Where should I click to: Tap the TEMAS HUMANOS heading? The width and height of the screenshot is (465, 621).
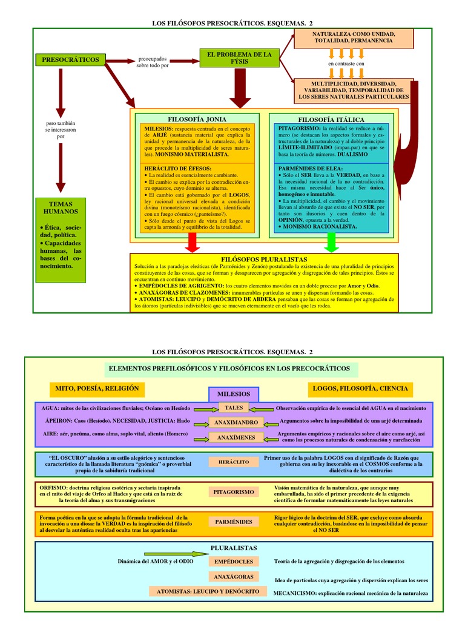click(x=61, y=208)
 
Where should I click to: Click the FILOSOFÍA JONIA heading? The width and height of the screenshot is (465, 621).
click(x=197, y=119)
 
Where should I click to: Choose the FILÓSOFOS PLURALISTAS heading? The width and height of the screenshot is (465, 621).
click(x=264, y=259)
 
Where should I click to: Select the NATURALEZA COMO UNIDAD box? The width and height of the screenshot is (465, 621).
click(x=354, y=37)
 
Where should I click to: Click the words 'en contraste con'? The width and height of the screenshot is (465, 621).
click(x=346, y=63)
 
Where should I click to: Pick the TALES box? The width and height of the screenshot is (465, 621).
click(x=233, y=408)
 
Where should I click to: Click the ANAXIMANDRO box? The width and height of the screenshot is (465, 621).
click(x=236, y=422)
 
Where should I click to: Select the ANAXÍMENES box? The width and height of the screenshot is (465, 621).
click(x=236, y=437)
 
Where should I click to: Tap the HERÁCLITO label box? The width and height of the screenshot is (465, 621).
click(x=233, y=462)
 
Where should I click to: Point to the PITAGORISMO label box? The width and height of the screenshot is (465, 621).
click(x=233, y=492)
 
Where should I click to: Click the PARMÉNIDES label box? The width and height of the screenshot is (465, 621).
click(x=233, y=522)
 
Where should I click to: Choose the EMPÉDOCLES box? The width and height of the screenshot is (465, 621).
click(x=233, y=562)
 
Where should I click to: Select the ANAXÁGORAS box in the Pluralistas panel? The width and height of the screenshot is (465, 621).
click(x=233, y=577)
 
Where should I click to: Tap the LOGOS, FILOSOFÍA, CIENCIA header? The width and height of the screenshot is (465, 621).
click(x=360, y=388)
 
